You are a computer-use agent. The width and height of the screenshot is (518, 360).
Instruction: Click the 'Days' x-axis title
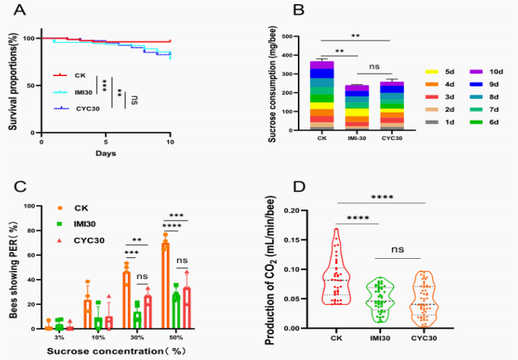tap(106, 153)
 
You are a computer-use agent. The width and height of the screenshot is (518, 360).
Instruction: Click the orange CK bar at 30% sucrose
tap(126, 300)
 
